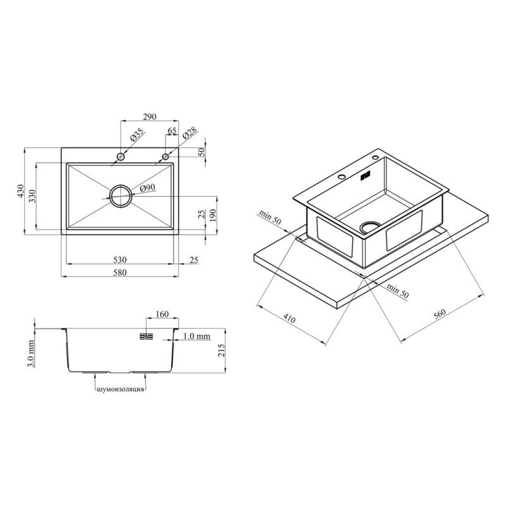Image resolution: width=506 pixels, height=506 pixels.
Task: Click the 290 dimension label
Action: point(150,116)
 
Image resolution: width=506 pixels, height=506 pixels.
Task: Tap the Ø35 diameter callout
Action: point(138,135)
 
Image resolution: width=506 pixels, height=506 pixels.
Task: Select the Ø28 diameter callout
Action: point(190,133)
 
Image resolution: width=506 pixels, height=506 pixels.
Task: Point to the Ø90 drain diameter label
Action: point(147,188)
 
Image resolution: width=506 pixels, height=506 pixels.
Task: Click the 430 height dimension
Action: point(21,191)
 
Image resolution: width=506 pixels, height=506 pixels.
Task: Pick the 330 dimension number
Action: point(32,196)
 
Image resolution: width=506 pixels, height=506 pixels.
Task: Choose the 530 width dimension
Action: point(120,259)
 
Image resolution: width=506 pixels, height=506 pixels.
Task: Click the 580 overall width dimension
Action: point(120,273)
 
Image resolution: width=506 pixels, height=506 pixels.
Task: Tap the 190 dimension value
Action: point(213,215)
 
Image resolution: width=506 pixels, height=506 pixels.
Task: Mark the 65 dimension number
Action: point(172,131)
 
